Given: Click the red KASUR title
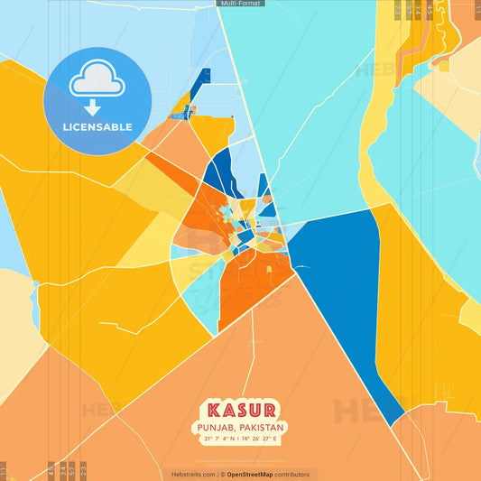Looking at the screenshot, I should (x=243, y=409).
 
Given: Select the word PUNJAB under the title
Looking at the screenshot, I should (x=220, y=427).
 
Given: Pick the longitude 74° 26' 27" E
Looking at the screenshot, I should (x=265, y=439).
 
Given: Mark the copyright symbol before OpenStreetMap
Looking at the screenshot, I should (x=222, y=474).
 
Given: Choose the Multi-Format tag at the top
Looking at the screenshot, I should (x=240, y=4).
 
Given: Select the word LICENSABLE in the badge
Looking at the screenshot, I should (x=97, y=127).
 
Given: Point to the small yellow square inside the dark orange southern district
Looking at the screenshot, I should (x=268, y=269).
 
